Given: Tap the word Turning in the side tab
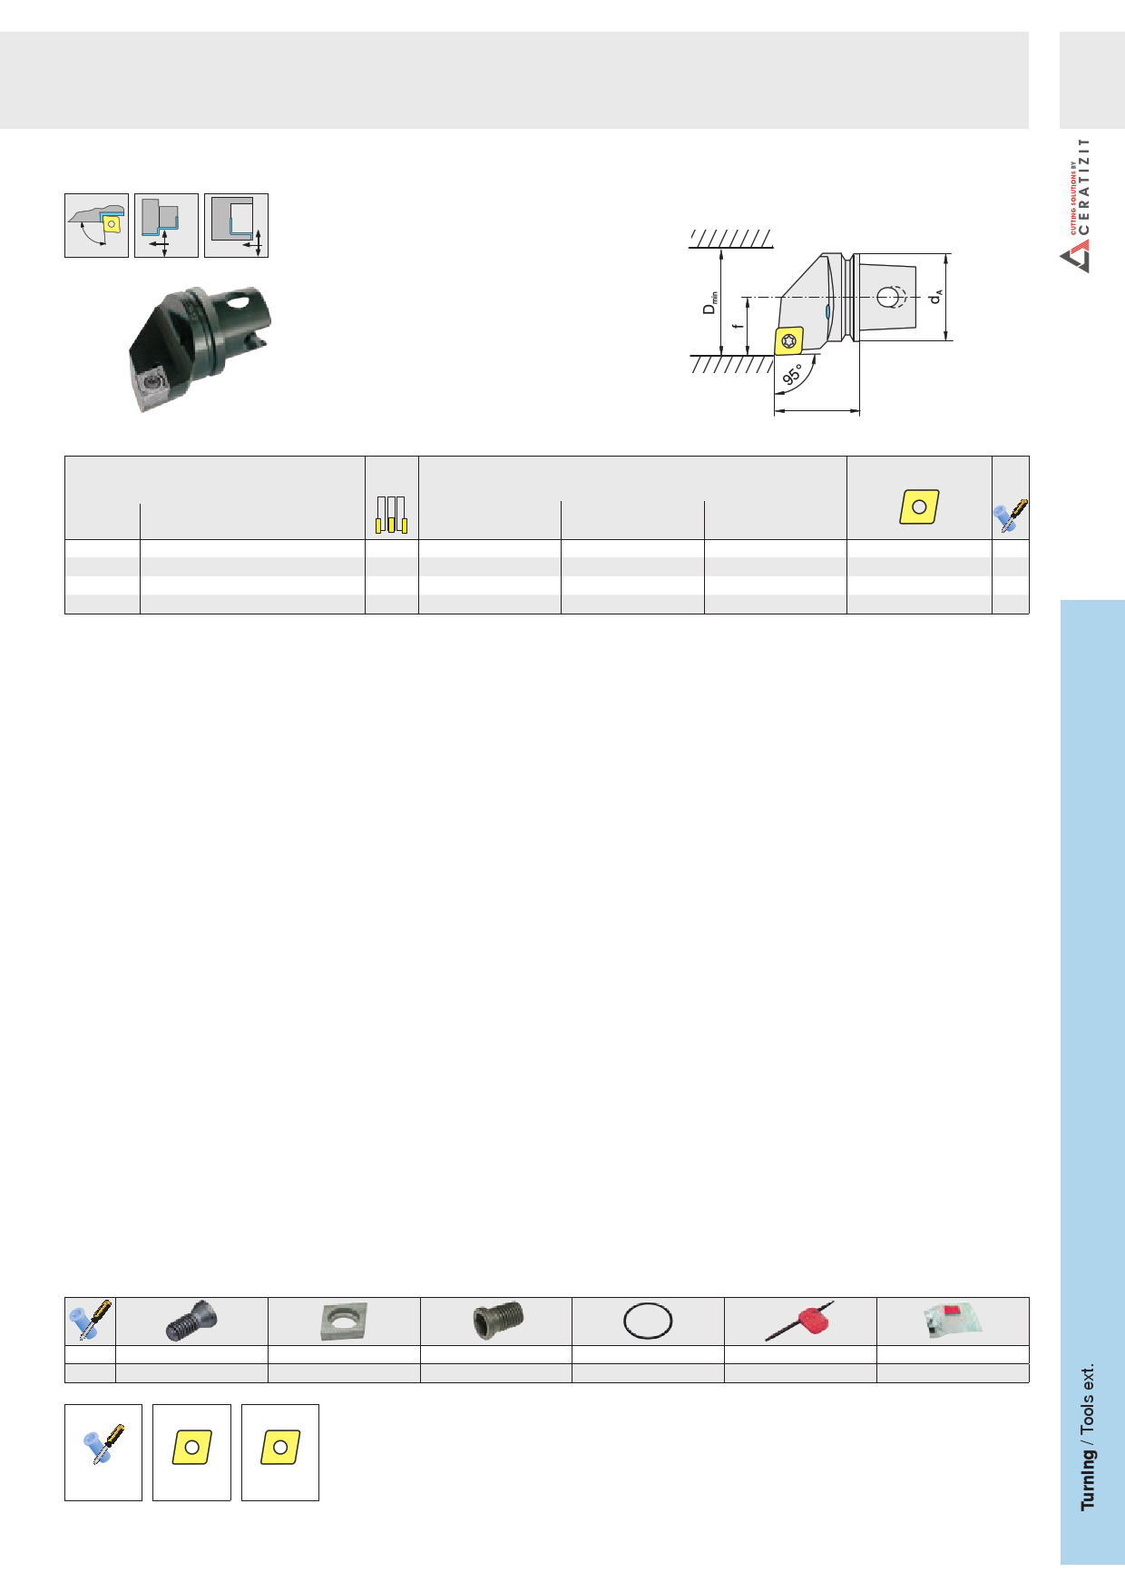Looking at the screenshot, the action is [1087, 1479].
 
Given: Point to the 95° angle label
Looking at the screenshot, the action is [793, 374].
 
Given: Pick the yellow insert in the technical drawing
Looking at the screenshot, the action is [789, 340].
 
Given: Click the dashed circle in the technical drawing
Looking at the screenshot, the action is [891, 297].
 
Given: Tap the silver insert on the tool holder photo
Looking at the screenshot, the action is [151, 387].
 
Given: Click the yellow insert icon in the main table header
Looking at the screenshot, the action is [919, 506].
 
